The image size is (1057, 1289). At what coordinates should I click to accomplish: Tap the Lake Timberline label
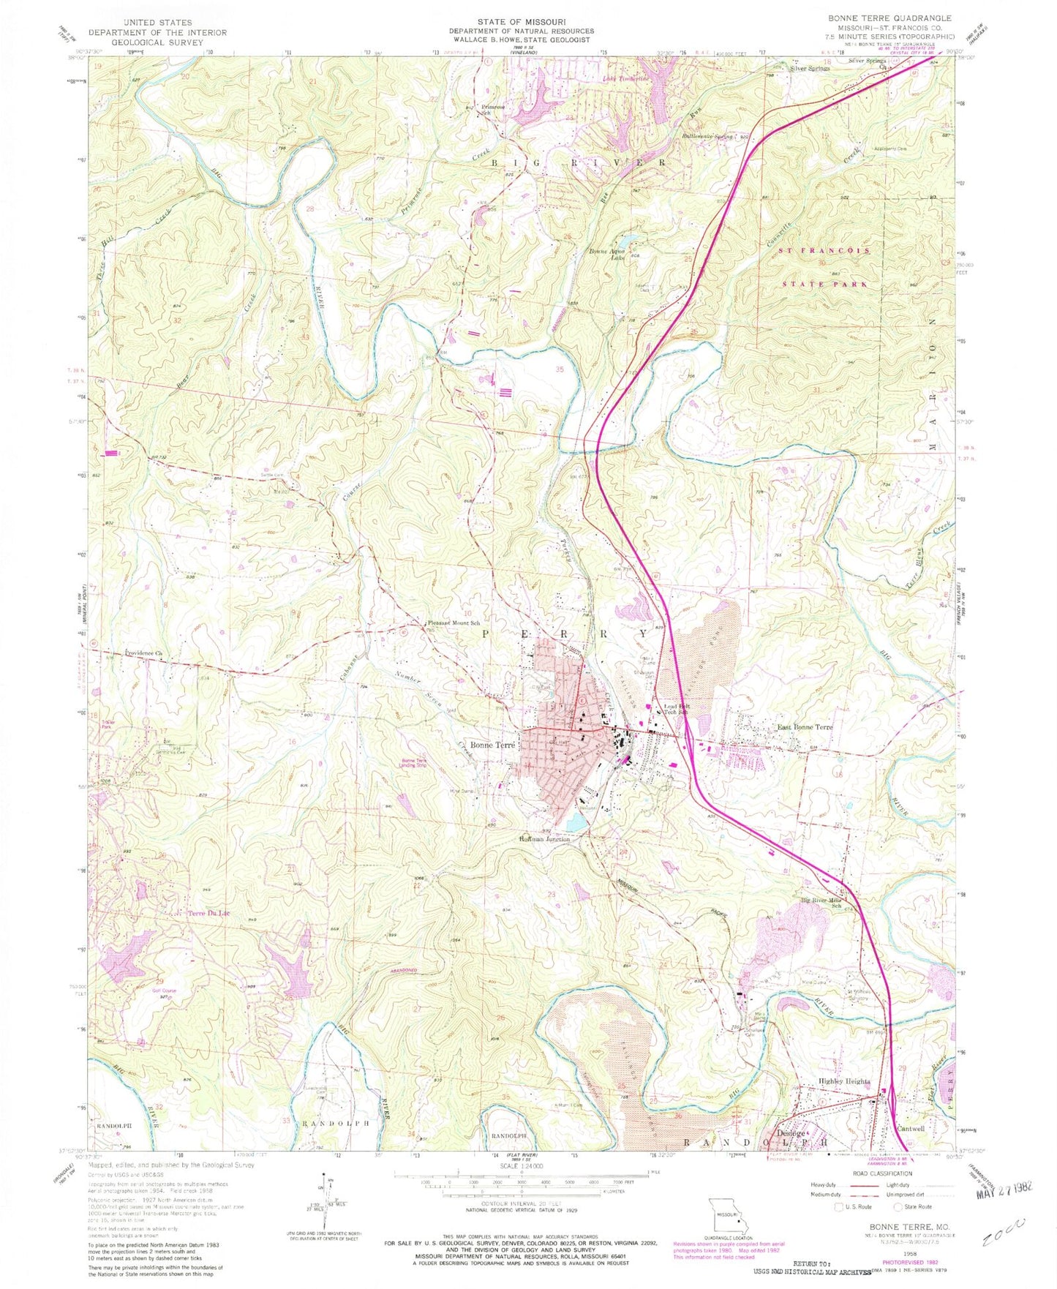625,78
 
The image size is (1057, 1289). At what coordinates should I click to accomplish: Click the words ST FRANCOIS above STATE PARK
822,250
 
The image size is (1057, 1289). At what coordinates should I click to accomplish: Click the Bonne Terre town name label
493,745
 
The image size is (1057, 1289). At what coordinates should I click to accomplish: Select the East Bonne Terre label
805,727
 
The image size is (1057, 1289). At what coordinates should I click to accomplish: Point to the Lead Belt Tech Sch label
675,710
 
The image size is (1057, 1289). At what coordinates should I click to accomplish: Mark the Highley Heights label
843,1081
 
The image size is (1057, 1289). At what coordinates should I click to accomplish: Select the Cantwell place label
911,1128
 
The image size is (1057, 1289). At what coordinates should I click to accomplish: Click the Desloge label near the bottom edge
790,1133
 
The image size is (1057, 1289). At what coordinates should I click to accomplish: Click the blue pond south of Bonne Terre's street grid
575,824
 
